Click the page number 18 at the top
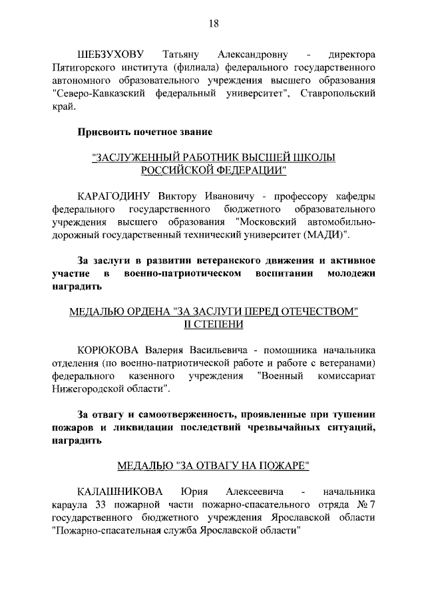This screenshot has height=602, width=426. [213, 24]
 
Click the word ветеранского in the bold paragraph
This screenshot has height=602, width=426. [227, 261]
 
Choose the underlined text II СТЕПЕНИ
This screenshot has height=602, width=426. [213, 325]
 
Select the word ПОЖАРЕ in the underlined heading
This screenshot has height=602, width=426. [285, 466]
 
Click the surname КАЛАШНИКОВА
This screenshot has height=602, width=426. [120, 492]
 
